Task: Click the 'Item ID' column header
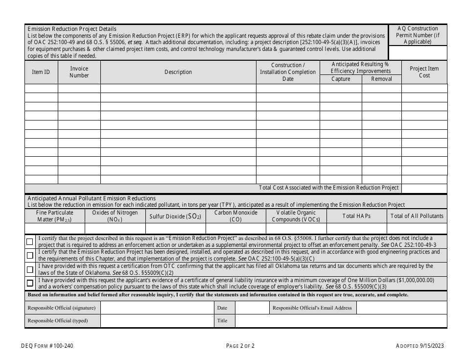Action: click(41, 72)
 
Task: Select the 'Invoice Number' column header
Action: click(79, 72)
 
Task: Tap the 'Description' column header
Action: click(178, 72)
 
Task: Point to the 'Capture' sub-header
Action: click(341, 79)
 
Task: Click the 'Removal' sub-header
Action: click(382, 79)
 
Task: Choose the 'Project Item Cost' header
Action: click(424, 72)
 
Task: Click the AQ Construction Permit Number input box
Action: click(418, 52)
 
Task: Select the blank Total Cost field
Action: click(424, 188)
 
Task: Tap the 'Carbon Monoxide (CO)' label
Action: click(235, 216)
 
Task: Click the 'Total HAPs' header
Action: click(356, 216)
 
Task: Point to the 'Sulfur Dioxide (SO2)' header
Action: click(175, 216)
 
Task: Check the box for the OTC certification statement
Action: click(30, 269)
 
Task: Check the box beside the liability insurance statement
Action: click(30, 283)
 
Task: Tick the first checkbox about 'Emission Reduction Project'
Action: click(30, 241)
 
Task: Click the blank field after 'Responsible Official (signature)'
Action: click(157, 308)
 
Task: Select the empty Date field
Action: click(251, 308)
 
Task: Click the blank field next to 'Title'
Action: click(341, 321)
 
